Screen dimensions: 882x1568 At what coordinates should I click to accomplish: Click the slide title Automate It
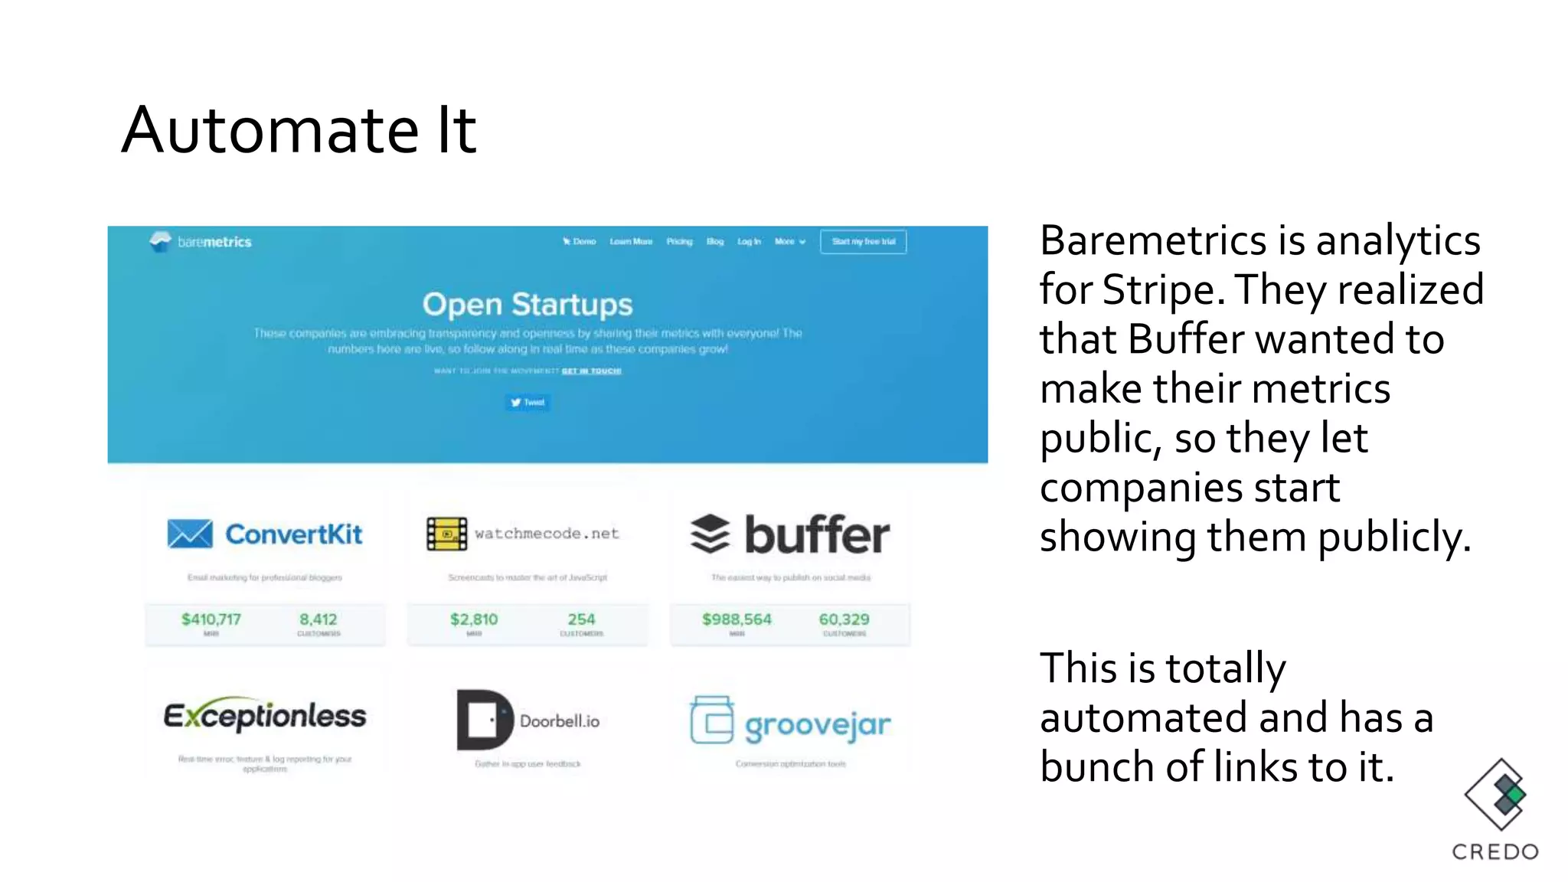(x=299, y=130)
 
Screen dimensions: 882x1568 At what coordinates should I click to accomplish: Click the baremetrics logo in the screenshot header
(x=201, y=242)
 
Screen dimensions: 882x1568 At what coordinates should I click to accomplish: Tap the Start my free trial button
(x=863, y=242)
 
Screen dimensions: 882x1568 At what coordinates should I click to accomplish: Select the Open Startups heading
(x=528, y=305)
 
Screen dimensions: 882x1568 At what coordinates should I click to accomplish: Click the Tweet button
(x=528, y=403)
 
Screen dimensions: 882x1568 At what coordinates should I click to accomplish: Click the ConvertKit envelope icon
(x=190, y=534)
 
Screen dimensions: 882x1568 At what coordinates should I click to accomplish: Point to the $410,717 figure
(x=211, y=619)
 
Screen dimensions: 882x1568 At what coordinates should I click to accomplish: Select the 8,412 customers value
(x=318, y=619)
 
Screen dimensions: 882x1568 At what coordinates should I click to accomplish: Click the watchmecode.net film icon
(x=446, y=534)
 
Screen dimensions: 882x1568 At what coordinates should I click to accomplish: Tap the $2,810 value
(x=474, y=619)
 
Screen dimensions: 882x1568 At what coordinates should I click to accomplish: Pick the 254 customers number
(x=581, y=619)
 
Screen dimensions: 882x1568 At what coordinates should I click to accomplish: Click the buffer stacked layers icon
(x=710, y=534)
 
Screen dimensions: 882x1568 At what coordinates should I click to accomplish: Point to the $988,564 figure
(x=737, y=619)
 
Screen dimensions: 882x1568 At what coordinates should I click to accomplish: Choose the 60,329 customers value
(x=844, y=619)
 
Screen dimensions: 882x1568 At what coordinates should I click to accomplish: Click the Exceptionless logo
(x=265, y=716)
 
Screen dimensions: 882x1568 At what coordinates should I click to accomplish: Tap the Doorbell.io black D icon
(x=484, y=720)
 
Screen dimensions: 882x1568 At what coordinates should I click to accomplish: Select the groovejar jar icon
(x=711, y=720)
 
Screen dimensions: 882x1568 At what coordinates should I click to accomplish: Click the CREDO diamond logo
(x=1495, y=795)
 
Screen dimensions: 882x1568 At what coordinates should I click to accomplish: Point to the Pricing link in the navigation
(x=679, y=242)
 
